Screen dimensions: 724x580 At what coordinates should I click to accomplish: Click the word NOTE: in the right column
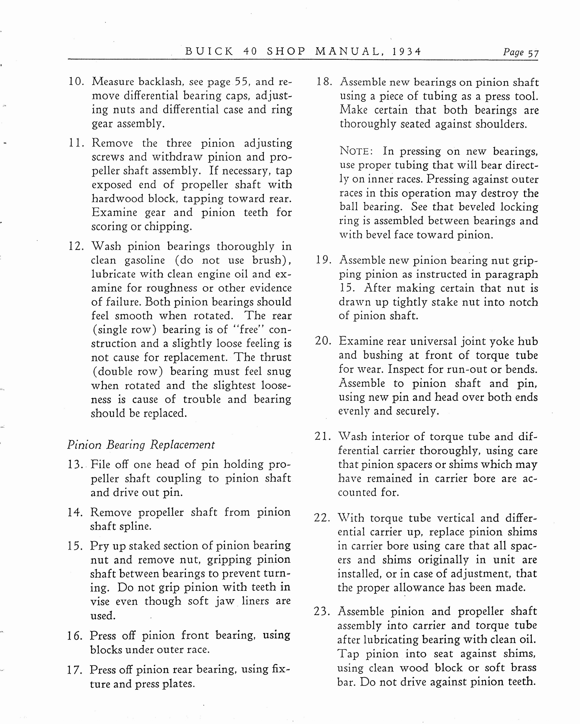point(356,151)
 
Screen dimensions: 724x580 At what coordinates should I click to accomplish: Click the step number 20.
point(323,341)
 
